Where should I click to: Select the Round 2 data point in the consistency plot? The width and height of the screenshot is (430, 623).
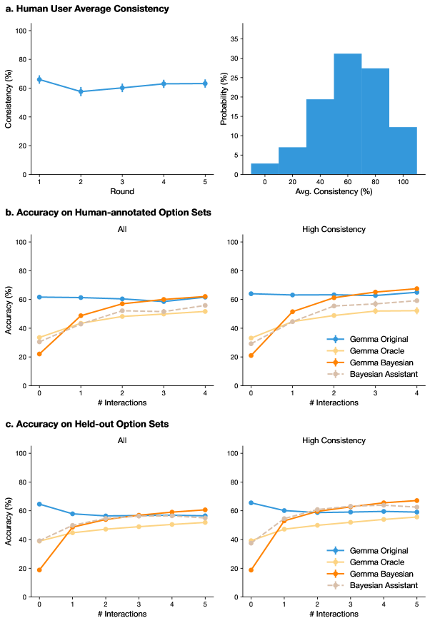81,91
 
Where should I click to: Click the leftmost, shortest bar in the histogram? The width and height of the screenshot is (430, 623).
264,168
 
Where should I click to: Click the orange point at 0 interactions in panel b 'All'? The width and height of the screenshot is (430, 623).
39,354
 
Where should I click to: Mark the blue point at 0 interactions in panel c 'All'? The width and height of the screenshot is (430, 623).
39,504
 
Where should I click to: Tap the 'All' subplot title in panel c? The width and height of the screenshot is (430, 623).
122,440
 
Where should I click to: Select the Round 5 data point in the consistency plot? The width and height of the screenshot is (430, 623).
206,83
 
